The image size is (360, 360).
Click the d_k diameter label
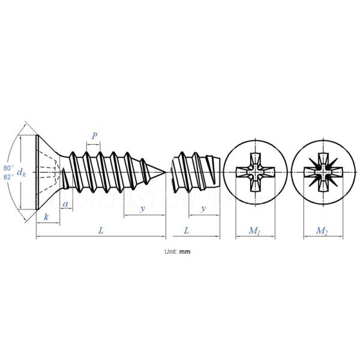[x=22, y=173]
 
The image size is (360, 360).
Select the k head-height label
[x=46, y=217]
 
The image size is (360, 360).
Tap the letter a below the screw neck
[x=65, y=205]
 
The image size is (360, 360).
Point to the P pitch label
[x=94, y=136]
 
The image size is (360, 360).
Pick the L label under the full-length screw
[x=101, y=230]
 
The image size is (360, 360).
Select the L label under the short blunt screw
[x=187, y=230]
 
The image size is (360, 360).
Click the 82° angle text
[x=8, y=178]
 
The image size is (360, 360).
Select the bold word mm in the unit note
[x=185, y=252]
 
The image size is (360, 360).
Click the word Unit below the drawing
[x=170, y=252]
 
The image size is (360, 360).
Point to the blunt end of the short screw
[x=220, y=173]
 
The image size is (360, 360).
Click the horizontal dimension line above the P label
[x=94, y=144]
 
